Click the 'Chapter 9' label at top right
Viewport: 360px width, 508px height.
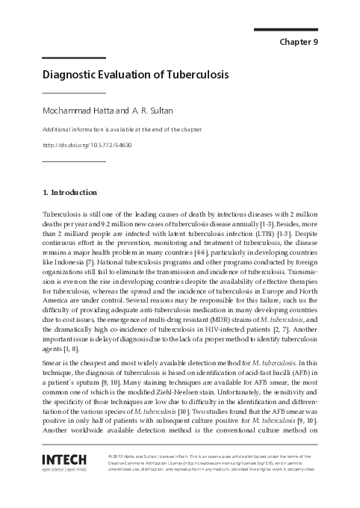299,42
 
